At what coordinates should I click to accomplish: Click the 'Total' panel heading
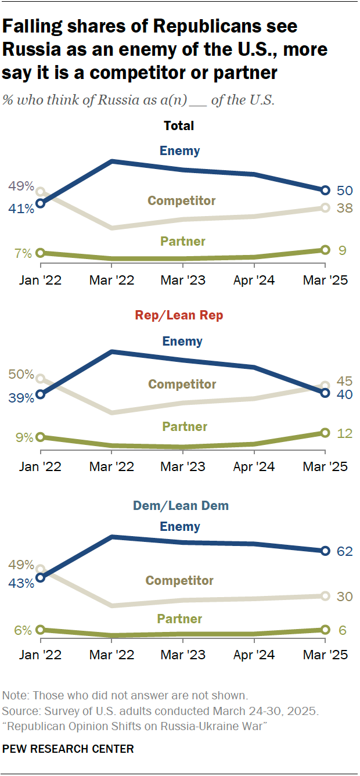pyautogui.click(x=179, y=125)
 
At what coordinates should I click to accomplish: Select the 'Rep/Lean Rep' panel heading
pyautogui.click(x=179, y=315)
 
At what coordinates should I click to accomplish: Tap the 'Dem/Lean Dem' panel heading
pyautogui.click(x=181, y=505)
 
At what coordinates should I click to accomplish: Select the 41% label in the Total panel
pyautogui.click(x=20, y=209)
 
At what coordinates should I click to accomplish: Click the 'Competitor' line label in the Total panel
pyautogui.click(x=182, y=200)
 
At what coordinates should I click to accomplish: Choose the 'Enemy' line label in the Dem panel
pyautogui.click(x=180, y=527)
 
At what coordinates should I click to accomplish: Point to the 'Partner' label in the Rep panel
pyautogui.click(x=185, y=427)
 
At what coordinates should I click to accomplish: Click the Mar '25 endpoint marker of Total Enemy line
pyautogui.click(x=325, y=190)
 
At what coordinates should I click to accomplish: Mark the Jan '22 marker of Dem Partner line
pyautogui.click(x=40, y=630)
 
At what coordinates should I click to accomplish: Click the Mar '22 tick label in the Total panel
pyautogui.click(x=111, y=280)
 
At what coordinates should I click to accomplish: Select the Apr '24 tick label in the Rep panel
pyautogui.click(x=254, y=467)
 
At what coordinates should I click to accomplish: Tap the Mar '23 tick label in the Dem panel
pyautogui.click(x=182, y=655)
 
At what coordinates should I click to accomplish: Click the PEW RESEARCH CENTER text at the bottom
pyautogui.click(x=68, y=749)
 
